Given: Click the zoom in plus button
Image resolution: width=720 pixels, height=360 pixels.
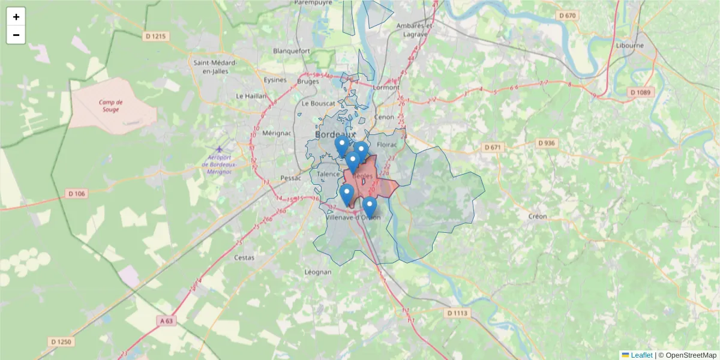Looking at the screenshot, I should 16,17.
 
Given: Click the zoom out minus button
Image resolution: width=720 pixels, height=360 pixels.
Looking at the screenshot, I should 16,35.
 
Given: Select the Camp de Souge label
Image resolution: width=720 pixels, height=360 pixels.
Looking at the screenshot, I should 111,106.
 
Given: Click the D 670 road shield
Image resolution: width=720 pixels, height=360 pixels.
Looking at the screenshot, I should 566,16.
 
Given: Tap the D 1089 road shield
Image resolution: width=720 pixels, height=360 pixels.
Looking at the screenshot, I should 640,92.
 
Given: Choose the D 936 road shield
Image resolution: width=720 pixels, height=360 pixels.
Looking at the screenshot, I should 547,143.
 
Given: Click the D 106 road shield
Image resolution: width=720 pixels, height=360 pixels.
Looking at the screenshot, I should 77,193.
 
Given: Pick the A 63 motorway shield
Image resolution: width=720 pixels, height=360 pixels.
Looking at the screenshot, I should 167,321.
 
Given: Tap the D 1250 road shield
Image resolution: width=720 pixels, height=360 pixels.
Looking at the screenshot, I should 61,342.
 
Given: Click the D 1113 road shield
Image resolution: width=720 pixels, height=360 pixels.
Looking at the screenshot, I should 457,313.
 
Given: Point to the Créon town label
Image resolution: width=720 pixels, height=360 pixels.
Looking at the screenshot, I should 538,216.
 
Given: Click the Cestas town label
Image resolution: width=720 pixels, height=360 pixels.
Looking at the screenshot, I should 244,258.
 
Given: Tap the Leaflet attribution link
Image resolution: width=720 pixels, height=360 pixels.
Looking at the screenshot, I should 641,355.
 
